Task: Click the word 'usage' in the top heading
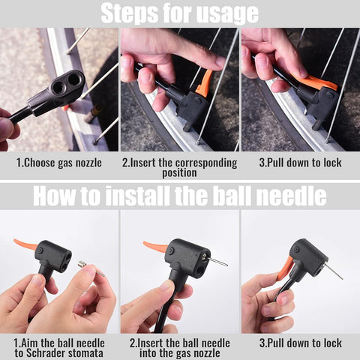pyautogui.click(x=226, y=13)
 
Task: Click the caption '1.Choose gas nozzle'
pyautogui.click(x=59, y=163)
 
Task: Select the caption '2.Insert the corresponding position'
pyautogui.click(x=179, y=167)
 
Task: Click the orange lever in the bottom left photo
pyautogui.click(x=26, y=245)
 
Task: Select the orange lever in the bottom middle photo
pyautogui.click(x=156, y=246)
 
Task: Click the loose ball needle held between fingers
pyautogui.click(x=91, y=268)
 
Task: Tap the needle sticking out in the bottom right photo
pyautogui.click(x=332, y=271)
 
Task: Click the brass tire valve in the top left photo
pyautogui.click(x=93, y=114)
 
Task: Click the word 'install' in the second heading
pyautogui.click(x=138, y=196)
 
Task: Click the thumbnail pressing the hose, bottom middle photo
pyautogui.click(x=166, y=285)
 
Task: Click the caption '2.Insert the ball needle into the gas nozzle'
pyautogui.click(x=180, y=348)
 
